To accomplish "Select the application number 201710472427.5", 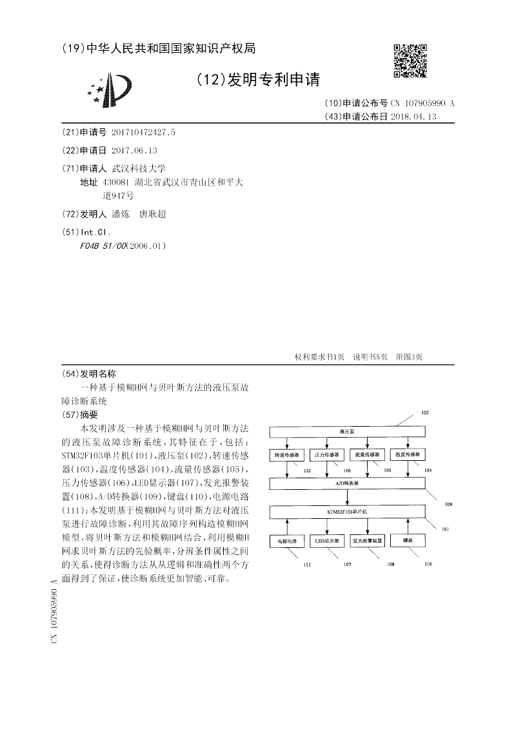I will coord(143,132).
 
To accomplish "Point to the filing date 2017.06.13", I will coord(134,150).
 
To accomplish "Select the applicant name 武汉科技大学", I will coord(139,168).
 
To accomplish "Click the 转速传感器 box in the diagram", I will coord(288,454).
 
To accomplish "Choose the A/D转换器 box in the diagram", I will coord(348,482).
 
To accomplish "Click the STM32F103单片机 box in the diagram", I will coord(348,511).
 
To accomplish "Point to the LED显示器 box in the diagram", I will coord(327,541).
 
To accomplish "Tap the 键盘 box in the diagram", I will coord(406,541).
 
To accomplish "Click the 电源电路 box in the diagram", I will coord(288,541).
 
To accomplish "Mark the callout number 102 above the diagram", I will coord(424,412).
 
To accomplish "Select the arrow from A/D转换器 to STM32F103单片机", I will coord(348,496).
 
